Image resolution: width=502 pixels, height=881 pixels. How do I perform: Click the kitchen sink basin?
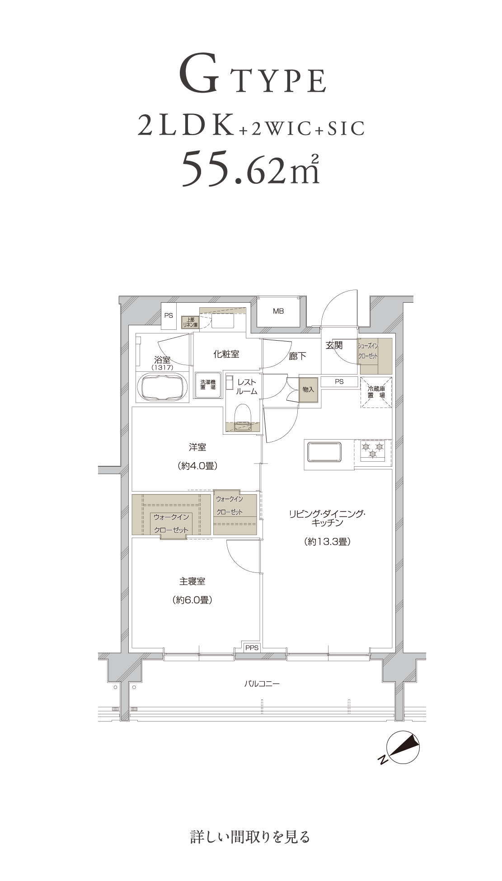pyautogui.click(x=324, y=452)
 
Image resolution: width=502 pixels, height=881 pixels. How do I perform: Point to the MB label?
pyautogui.click(x=278, y=311)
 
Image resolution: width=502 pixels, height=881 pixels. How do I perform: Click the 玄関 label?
pyautogui.click(x=334, y=346)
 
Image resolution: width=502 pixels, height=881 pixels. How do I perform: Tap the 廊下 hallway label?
pyautogui.click(x=297, y=356)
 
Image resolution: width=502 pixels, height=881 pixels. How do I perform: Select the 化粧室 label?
pyautogui.click(x=226, y=354)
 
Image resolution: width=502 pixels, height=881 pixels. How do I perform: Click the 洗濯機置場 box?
pyautogui.click(x=208, y=385)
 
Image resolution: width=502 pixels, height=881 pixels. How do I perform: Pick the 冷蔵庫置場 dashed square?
pyautogui.click(x=376, y=392)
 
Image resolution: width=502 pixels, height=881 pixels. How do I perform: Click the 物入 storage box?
pyautogui.click(x=308, y=389)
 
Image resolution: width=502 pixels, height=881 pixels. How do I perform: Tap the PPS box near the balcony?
pyautogui.click(x=252, y=648)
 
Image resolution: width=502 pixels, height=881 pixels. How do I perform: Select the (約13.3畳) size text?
pyautogui.click(x=328, y=542)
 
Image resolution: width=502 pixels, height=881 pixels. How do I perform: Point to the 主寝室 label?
pyautogui.click(x=192, y=581)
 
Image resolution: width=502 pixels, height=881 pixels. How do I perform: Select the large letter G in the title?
pyautogui.click(x=202, y=76)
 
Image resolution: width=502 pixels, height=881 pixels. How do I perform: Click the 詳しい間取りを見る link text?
pyautogui.click(x=250, y=837)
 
